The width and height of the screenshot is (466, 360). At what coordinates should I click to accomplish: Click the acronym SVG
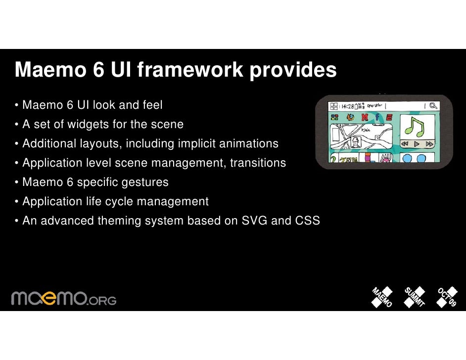(254, 221)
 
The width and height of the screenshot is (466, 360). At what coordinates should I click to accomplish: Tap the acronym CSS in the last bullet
(307, 221)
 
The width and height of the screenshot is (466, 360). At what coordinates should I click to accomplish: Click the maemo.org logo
(63, 297)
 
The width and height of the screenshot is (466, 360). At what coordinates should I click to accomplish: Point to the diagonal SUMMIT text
(415, 297)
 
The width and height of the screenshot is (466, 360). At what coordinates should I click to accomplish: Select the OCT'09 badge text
(447, 297)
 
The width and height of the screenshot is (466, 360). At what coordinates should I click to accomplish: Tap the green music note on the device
(415, 127)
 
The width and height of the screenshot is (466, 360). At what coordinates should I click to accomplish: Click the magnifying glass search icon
(433, 105)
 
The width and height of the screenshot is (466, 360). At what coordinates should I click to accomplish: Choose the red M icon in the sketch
(365, 117)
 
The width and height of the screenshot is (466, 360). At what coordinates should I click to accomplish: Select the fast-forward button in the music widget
(429, 144)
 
